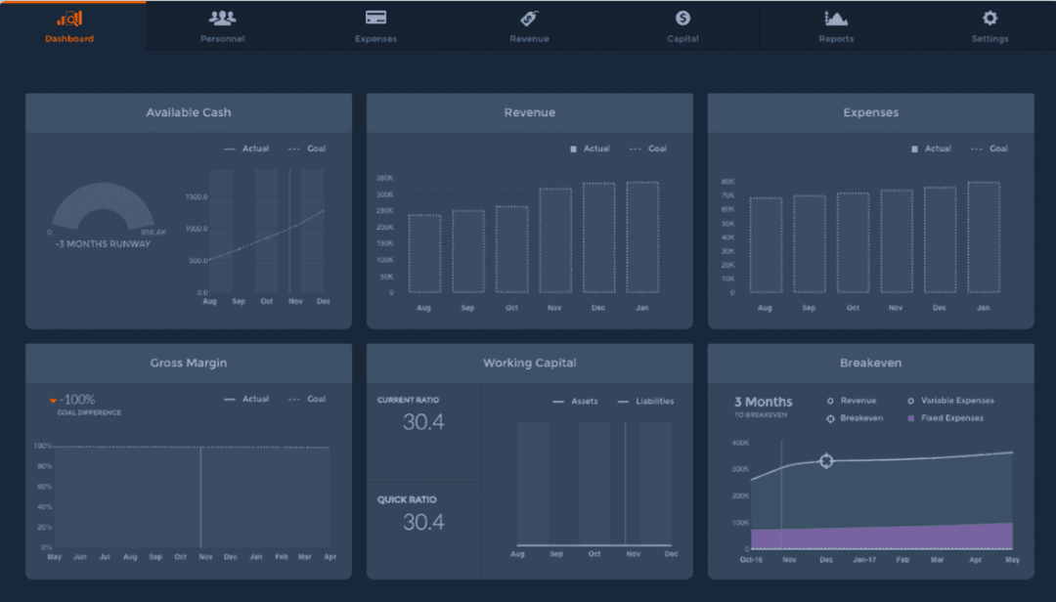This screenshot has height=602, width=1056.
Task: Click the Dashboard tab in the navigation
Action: click(69, 27)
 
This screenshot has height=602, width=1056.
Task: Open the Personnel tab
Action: click(222, 27)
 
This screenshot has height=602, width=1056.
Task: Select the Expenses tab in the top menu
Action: click(375, 27)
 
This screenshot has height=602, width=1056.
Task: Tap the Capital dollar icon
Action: click(682, 19)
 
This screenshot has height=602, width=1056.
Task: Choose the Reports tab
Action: click(836, 27)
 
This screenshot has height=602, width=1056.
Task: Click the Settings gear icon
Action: click(990, 19)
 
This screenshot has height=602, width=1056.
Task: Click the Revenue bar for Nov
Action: click(555, 240)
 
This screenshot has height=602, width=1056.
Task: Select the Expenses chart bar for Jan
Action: click(984, 237)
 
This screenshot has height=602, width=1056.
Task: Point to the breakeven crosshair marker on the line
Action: click(826, 460)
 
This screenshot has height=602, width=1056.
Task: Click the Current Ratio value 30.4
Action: click(423, 422)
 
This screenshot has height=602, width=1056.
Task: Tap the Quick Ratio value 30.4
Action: click(423, 522)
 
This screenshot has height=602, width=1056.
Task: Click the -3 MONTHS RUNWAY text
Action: click(103, 244)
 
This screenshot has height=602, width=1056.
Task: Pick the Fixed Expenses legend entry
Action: click(950, 418)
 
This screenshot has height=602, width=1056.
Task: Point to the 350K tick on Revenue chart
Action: click(384, 178)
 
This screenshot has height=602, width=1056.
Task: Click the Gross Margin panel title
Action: click(188, 363)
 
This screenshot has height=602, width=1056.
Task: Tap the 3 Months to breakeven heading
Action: click(763, 402)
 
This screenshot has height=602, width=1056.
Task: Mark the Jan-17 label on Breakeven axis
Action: click(864, 560)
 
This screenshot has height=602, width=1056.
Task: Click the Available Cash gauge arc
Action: click(103, 200)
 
